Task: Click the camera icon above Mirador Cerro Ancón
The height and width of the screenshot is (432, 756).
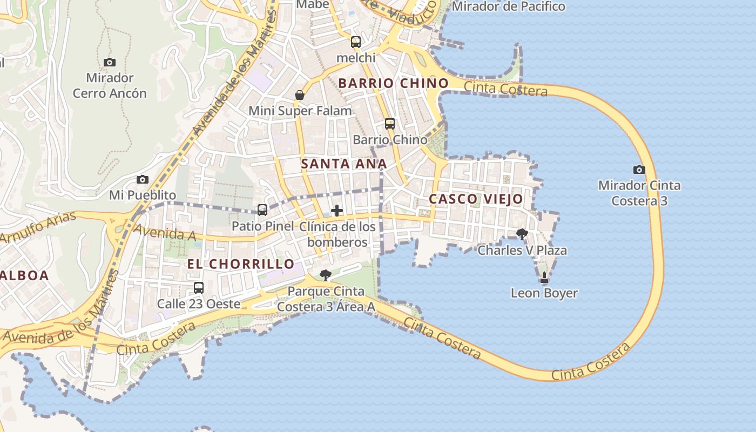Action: (110, 63)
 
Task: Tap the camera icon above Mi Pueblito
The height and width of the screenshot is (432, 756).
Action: (143, 179)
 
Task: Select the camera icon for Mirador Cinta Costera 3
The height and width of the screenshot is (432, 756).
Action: (639, 170)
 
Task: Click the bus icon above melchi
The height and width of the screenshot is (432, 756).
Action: (356, 42)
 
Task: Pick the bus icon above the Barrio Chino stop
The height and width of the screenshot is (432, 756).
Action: (390, 123)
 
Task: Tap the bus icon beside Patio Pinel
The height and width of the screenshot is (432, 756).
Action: (262, 210)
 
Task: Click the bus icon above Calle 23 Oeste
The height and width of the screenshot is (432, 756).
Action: (199, 287)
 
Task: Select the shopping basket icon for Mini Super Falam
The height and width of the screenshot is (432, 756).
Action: (300, 96)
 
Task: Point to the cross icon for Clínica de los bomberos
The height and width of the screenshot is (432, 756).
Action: (337, 210)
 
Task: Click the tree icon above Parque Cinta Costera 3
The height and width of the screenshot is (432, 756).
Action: (325, 275)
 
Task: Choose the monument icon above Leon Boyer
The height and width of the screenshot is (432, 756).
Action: (544, 278)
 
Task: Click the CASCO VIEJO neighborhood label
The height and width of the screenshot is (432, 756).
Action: (476, 199)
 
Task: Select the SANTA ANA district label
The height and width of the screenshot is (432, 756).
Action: (344, 164)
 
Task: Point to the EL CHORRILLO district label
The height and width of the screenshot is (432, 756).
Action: (241, 264)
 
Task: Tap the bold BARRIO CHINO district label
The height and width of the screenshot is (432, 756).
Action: (393, 83)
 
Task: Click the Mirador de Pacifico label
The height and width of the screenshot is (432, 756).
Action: (508, 6)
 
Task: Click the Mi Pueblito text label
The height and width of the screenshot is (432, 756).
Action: (143, 195)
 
